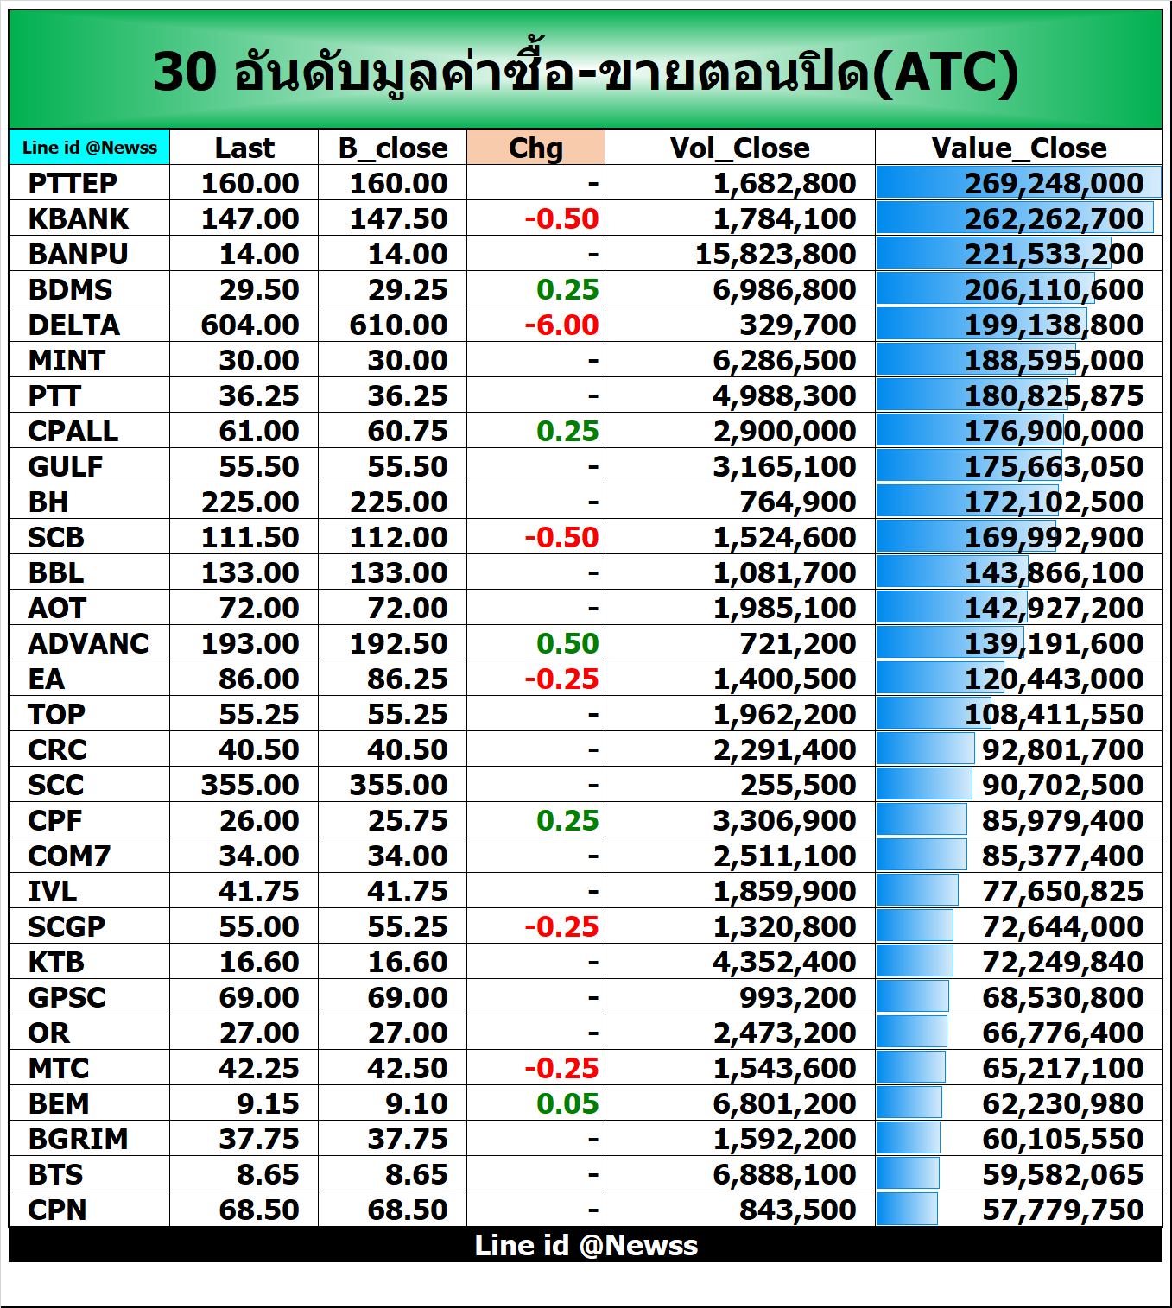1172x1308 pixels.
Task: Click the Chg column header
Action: pyautogui.click(x=535, y=148)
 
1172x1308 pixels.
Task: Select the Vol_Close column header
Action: pyautogui.click(x=739, y=148)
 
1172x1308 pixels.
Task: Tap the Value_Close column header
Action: pyautogui.click(x=1018, y=148)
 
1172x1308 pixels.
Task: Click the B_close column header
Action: pyautogui.click(x=393, y=148)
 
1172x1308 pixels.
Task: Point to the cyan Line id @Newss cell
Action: pyautogui.click(x=90, y=148)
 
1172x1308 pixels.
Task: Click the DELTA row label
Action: pyautogui.click(x=74, y=325)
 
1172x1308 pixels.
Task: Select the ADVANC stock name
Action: pyautogui.click(x=88, y=644)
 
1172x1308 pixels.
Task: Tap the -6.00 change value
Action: pyautogui.click(x=561, y=325)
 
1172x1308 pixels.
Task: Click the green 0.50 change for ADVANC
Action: pyautogui.click(x=567, y=644)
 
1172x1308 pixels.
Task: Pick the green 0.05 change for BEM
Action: pyautogui.click(x=567, y=1104)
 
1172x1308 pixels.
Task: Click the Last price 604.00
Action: pyautogui.click(x=250, y=325)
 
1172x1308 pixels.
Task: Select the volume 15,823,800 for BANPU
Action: pyautogui.click(x=776, y=255)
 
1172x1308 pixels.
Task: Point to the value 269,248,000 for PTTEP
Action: pyautogui.click(x=1054, y=184)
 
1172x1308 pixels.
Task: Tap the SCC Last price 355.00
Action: pyautogui.click(x=250, y=786)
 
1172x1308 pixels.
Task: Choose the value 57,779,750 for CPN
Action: pyautogui.click(x=1062, y=1210)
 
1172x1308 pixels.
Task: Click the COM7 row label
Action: pyautogui.click(x=69, y=856)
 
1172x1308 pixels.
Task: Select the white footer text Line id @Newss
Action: pyautogui.click(x=586, y=1246)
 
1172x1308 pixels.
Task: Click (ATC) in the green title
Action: pyautogui.click(x=945, y=72)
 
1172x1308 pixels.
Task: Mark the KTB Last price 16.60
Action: pyautogui.click(x=258, y=963)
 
